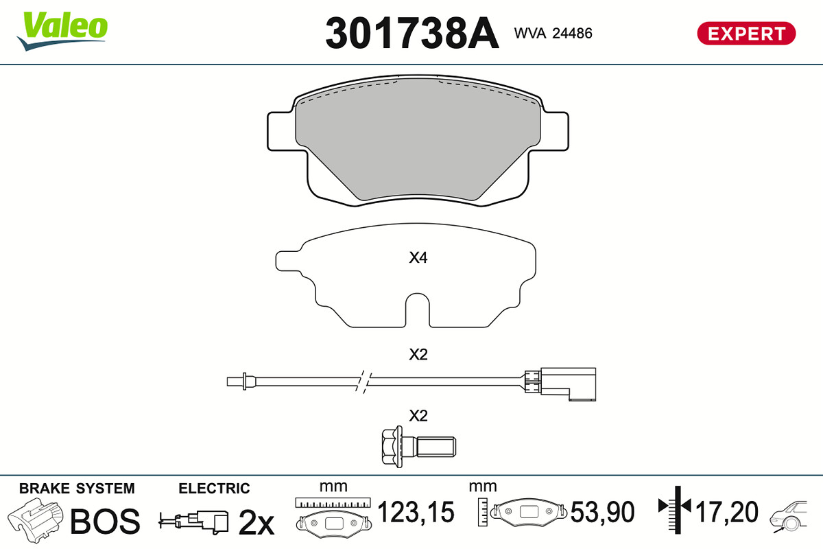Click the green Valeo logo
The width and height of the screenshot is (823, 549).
pyautogui.click(x=62, y=30)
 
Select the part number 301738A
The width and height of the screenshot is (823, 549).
pyautogui.click(x=412, y=33)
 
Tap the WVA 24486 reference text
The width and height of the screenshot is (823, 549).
pyautogui.click(x=553, y=33)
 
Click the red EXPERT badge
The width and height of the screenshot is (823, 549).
pyautogui.click(x=746, y=34)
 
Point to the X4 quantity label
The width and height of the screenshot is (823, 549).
pyautogui.click(x=418, y=258)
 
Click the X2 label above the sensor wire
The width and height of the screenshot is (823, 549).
pyautogui.click(x=418, y=355)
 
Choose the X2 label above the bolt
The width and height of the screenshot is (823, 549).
pyautogui.click(x=418, y=416)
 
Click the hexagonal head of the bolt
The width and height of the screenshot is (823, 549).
pyautogui.click(x=392, y=447)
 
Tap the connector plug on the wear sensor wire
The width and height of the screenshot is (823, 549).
pyautogui.click(x=561, y=384)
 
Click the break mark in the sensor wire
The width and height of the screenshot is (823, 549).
pyautogui.click(x=363, y=382)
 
